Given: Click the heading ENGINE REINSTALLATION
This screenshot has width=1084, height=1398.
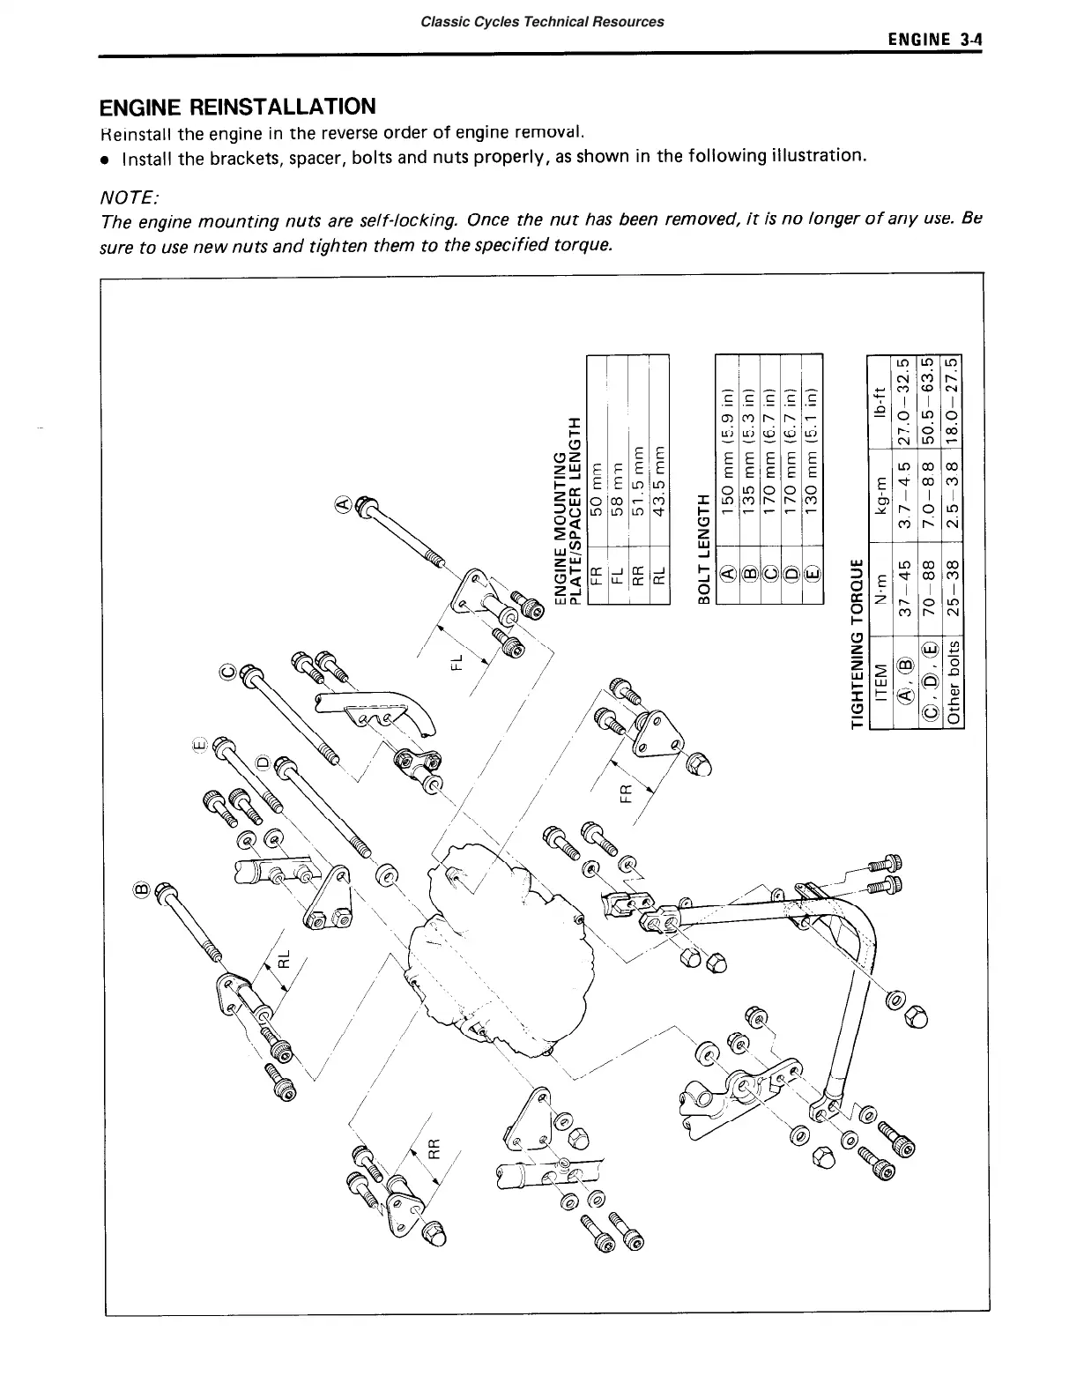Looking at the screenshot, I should [237, 108].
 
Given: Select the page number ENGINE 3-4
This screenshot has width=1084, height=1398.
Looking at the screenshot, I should [936, 40].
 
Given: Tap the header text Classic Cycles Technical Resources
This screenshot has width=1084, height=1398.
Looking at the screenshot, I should [542, 21].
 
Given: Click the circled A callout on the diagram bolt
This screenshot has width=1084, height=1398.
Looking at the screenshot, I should [344, 504].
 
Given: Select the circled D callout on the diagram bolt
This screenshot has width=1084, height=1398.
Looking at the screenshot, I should [261, 761].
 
